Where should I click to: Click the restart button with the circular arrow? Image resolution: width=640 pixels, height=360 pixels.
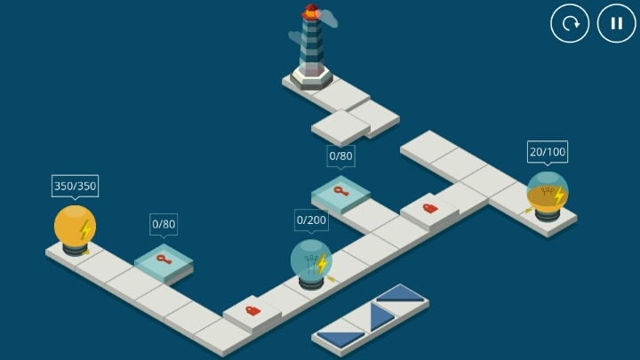point(570,23)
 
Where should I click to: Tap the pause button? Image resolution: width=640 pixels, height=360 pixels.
point(616,23)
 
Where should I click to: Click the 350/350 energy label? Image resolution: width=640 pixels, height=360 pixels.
point(75,186)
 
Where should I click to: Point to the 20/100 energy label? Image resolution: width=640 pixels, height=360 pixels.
point(548,152)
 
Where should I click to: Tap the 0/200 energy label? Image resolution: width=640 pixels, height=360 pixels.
point(311,220)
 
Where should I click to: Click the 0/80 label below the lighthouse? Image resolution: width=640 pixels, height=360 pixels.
point(340,156)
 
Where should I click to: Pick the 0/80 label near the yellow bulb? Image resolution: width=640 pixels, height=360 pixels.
point(164,224)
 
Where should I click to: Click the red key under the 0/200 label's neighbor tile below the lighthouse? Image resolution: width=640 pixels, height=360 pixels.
point(340,191)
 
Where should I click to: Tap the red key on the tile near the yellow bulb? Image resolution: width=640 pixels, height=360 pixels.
point(164,260)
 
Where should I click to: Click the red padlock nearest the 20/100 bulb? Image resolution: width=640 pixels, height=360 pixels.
point(430,209)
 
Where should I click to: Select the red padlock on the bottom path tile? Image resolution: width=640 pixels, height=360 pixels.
point(253,310)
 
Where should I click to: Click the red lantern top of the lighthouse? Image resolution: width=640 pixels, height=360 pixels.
point(311,12)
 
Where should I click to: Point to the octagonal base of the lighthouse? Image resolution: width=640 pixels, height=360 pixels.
point(311,77)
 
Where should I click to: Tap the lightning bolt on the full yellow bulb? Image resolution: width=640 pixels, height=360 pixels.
point(85,230)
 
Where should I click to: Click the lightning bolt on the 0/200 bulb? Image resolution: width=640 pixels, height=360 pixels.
point(322,263)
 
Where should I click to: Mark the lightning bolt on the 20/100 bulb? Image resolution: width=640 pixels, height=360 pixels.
point(559,196)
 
